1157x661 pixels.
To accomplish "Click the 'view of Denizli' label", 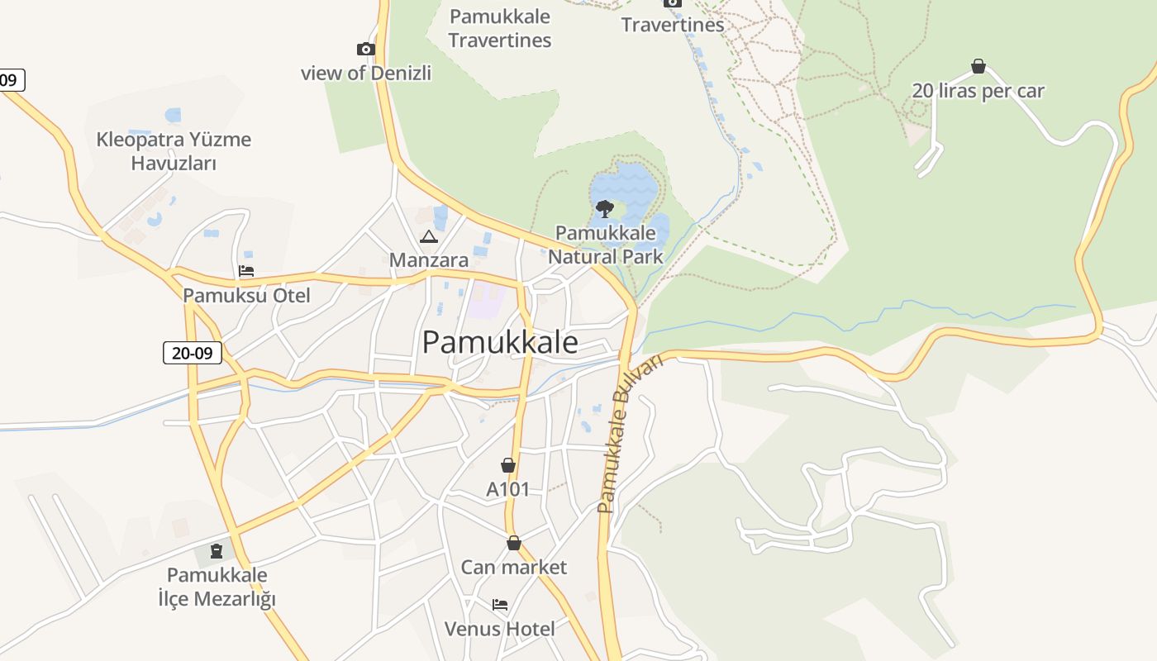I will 365,73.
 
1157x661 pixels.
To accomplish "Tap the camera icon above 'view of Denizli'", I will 365,50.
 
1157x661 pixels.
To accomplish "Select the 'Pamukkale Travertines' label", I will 499,28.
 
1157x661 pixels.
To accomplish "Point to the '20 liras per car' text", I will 978,91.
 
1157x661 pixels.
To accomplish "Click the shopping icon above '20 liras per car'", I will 978,66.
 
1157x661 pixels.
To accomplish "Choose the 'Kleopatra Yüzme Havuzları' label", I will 174,150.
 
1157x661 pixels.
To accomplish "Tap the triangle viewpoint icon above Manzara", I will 428,238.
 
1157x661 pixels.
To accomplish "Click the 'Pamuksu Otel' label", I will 246,295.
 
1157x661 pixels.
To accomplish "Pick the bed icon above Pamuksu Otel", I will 245,271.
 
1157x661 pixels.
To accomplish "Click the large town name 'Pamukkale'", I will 500,342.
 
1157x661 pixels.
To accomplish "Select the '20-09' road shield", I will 193,353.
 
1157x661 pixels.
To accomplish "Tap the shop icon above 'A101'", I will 508,466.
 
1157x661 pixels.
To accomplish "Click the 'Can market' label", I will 513,567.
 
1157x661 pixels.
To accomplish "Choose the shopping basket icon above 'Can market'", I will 514,543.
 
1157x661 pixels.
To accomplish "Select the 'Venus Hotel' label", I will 500,629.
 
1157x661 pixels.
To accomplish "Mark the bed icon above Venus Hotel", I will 500,605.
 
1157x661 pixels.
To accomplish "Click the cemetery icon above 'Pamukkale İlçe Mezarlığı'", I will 217,550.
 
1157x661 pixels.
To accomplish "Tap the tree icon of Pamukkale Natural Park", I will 604,208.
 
